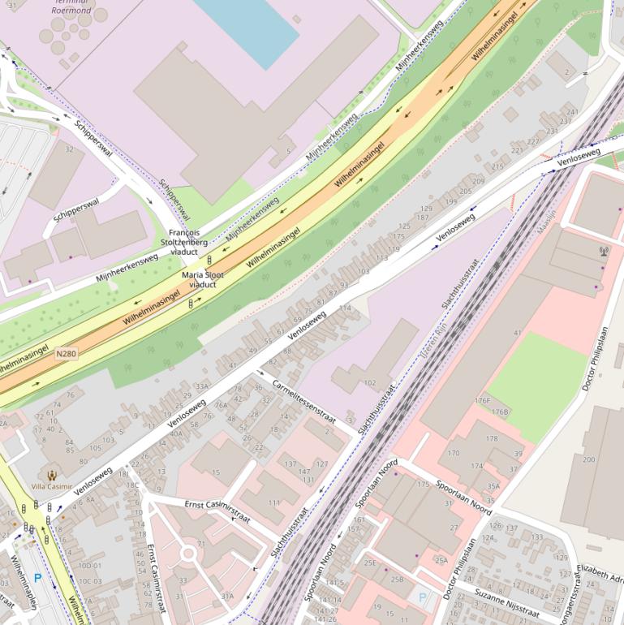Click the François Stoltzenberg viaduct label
(x=183, y=242)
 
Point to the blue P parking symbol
(x=37, y=579)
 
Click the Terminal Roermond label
(x=71, y=7)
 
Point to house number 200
(x=589, y=459)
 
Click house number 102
(x=370, y=382)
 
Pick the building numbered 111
(x=273, y=502)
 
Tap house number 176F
(x=483, y=400)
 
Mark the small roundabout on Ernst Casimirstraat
(x=188, y=554)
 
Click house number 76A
(x=221, y=406)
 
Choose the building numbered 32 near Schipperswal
(x=69, y=150)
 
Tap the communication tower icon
(x=602, y=251)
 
